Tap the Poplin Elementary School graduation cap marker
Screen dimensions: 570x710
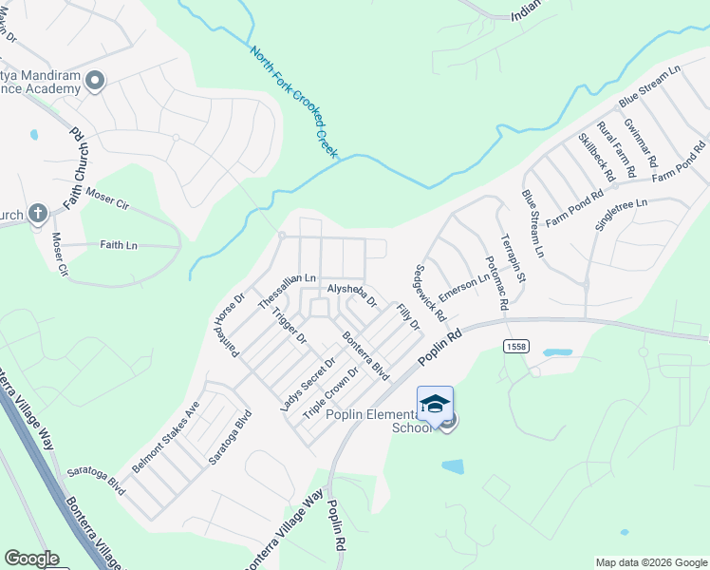pos(435,406)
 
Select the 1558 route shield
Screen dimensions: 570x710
pos(516,347)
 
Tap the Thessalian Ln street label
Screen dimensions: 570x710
pos(287,291)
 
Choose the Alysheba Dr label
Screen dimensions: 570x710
pos(352,295)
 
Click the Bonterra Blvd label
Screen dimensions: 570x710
pos(366,355)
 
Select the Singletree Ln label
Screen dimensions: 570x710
pos(621,215)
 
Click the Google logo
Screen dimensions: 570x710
pos(31,559)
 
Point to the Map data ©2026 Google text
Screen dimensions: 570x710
pos(650,562)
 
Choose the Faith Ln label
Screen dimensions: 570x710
pos(119,245)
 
